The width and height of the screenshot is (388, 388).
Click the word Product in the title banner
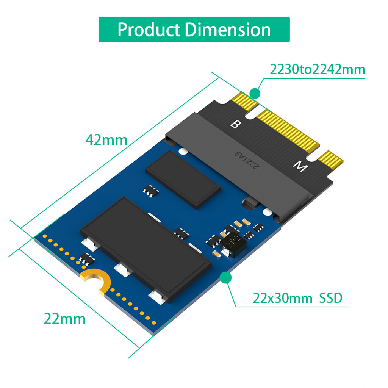tap(149, 29)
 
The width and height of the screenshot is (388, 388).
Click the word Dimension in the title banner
tap(228, 29)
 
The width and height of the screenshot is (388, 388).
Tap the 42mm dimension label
tap(106, 140)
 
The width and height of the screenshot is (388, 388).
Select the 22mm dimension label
tap(64, 319)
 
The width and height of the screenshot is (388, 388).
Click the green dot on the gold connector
tap(255, 93)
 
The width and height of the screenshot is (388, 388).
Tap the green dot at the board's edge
tap(226, 278)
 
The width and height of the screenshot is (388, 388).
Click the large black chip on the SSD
tap(146, 248)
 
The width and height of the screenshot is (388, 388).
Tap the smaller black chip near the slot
tap(183, 179)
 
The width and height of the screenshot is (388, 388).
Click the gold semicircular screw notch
tap(95, 281)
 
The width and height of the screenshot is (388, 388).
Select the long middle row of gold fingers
tap(288, 129)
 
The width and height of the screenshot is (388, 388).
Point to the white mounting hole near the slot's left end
tap(183, 152)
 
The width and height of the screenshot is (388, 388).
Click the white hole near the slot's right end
tap(268, 212)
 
